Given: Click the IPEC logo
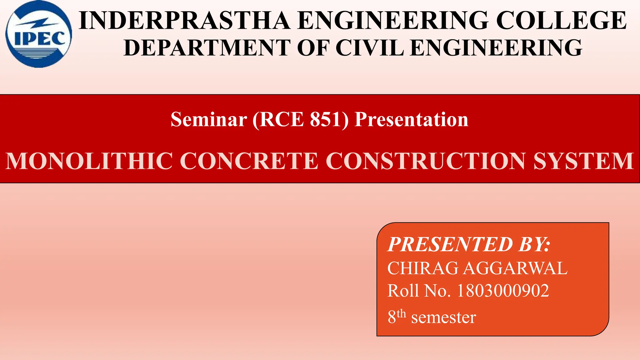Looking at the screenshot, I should [38, 34].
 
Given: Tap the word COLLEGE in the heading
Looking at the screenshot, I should [561, 21].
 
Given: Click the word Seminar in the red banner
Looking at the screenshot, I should [209, 119].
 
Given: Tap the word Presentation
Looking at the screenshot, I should [412, 119].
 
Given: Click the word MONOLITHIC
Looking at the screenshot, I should [89, 161].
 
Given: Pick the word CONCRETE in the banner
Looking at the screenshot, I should [249, 161].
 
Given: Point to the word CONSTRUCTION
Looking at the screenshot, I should [426, 161].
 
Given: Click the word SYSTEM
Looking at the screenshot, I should [583, 161].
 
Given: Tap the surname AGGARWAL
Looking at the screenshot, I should [515, 268].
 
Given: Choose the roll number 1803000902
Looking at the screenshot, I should [503, 291].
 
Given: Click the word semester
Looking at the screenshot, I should [443, 317].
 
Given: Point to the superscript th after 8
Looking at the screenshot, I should [401, 313].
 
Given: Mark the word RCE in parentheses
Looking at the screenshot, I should [281, 119].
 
